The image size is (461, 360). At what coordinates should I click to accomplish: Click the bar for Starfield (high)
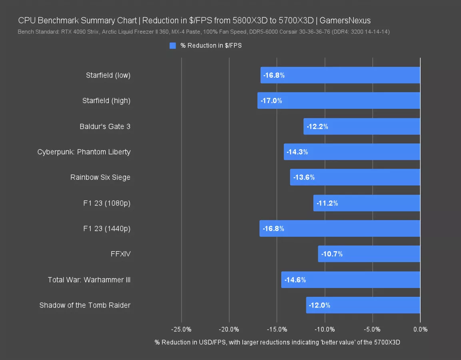coord(339,101)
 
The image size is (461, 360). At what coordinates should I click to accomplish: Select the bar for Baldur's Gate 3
coord(362,126)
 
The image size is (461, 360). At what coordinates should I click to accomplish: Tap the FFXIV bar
coord(369,254)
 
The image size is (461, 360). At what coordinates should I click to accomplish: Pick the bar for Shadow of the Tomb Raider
coord(363,305)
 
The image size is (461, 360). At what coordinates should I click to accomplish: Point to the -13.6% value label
coord(304,177)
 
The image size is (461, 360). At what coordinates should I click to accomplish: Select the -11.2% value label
coord(327,203)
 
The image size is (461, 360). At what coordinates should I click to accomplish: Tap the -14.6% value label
coord(295,280)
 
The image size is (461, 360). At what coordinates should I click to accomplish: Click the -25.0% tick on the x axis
coord(181,330)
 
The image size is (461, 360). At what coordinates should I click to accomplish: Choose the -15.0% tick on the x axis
coord(277,330)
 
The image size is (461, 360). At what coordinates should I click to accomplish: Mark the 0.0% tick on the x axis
coord(420,330)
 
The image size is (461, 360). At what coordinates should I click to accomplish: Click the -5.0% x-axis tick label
coord(373,330)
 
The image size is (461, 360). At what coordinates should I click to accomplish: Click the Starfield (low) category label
coord(108,75)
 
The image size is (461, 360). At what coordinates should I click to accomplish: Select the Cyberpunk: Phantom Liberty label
coord(84,152)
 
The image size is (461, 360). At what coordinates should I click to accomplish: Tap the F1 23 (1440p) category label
coord(107,229)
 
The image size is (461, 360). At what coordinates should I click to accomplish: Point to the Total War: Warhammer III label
coord(89,280)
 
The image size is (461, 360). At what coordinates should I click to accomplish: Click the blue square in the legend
coord(173,46)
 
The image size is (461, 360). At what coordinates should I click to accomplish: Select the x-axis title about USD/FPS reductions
coord(277,342)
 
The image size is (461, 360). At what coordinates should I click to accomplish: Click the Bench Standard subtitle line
coord(204,32)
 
